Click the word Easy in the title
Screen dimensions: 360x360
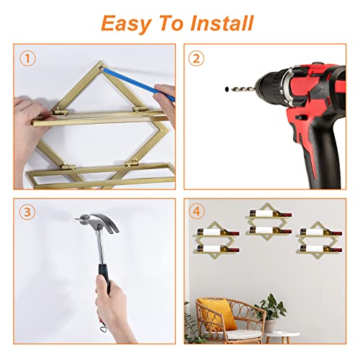126,24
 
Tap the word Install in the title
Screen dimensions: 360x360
222,23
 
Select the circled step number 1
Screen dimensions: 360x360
28,58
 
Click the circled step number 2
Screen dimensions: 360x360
197,58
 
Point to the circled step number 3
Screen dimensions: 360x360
27,212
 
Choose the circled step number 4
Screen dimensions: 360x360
197,212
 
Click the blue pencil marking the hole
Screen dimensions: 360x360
139,83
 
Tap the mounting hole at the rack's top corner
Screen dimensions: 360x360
102,68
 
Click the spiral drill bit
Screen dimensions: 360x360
242,89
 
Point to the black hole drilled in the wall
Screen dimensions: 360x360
226,89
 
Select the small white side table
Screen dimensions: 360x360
283,336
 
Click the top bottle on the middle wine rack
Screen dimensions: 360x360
271,213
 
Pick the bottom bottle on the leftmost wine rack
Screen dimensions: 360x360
218,249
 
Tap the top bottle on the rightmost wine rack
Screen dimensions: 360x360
321,232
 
